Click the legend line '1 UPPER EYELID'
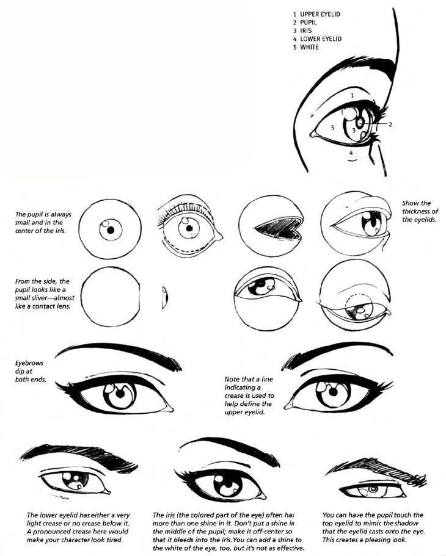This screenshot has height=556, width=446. (x=316, y=13)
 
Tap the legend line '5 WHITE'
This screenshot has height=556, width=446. (x=307, y=47)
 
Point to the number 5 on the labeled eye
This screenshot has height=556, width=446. (x=332, y=128)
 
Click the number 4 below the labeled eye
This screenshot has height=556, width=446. (x=351, y=152)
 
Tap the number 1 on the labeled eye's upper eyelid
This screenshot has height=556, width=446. (x=353, y=95)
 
